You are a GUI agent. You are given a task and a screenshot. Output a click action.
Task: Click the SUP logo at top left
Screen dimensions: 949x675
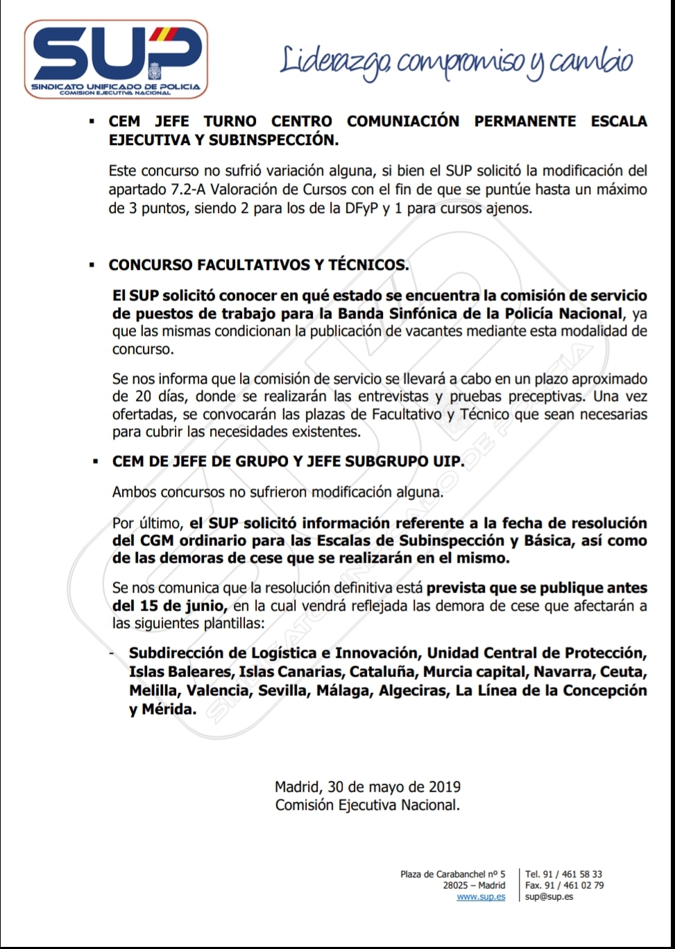(x=116, y=59)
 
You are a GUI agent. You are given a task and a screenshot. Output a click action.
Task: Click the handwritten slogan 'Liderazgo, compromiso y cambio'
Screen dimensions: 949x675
(x=456, y=62)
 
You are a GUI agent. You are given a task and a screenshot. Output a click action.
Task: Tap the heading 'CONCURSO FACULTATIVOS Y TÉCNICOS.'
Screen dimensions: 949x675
(x=259, y=265)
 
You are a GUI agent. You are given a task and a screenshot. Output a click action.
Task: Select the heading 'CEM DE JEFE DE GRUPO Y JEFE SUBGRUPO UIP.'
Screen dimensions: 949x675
(x=288, y=461)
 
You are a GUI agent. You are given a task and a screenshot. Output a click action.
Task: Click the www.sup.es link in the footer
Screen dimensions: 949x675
(x=481, y=897)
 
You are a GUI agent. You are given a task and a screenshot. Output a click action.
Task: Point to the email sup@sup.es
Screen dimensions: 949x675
(x=549, y=897)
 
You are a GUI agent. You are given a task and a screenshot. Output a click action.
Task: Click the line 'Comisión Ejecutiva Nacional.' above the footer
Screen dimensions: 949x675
(x=368, y=805)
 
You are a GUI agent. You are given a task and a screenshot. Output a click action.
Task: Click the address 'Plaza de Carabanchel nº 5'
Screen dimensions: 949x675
(x=453, y=874)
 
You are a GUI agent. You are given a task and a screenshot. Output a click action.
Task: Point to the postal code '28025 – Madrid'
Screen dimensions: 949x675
(x=474, y=885)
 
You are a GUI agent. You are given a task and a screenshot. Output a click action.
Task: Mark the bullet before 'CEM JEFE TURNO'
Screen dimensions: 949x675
(x=92, y=121)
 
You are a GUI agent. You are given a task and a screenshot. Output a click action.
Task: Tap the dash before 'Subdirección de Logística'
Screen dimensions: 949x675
(x=112, y=653)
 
